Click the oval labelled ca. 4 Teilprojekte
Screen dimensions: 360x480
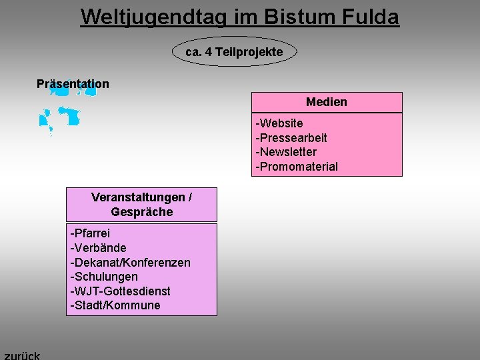(x=234, y=51)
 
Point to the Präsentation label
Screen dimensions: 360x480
(x=73, y=84)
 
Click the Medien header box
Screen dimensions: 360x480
(x=327, y=102)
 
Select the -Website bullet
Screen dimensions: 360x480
(x=279, y=123)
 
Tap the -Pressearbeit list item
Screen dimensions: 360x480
(x=291, y=138)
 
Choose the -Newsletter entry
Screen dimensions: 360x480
(x=287, y=152)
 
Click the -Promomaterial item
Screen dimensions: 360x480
(x=297, y=167)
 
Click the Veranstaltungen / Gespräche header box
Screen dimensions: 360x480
(x=141, y=205)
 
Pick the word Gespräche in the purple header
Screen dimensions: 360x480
(x=142, y=212)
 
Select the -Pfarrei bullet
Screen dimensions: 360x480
(x=90, y=233)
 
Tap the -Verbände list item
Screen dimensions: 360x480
(x=98, y=248)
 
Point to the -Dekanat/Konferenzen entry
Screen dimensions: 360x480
(x=130, y=263)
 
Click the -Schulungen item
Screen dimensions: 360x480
(x=104, y=277)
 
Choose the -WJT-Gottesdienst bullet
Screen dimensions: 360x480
(x=120, y=291)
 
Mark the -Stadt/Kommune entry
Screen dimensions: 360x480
(x=115, y=306)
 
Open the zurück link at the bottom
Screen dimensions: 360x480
(x=22, y=355)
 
